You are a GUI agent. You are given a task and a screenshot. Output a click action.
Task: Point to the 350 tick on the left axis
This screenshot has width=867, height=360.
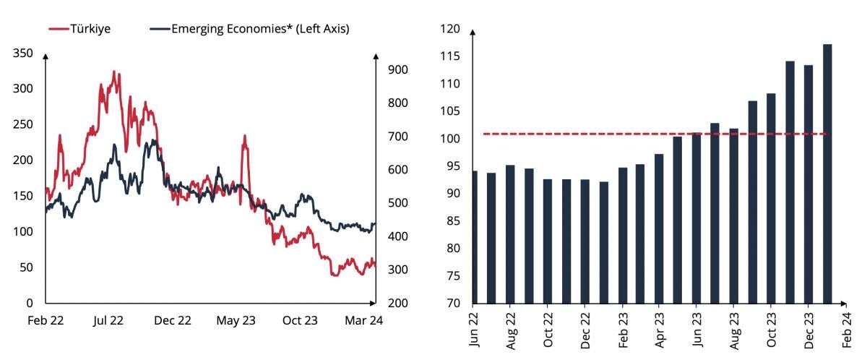pyautogui.click(x=23, y=53)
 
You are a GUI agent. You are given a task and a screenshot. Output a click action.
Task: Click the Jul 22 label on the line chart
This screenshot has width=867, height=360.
pyautogui.click(x=108, y=320)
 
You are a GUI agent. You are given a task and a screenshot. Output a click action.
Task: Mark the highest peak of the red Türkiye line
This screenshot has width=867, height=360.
pyautogui.click(x=114, y=72)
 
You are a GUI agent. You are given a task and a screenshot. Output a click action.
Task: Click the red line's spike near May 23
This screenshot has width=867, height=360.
pyautogui.click(x=245, y=136)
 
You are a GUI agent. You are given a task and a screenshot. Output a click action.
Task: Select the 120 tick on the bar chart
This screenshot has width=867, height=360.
pyautogui.click(x=450, y=29)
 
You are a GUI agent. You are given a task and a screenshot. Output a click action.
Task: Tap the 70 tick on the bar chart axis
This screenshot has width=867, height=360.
pyautogui.click(x=452, y=303)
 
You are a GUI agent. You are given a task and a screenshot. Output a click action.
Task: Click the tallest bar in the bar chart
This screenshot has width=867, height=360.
pyautogui.click(x=827, y=173)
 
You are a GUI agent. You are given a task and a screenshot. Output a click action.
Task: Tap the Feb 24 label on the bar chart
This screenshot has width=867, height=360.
pyautogui.click(x=845, y=330)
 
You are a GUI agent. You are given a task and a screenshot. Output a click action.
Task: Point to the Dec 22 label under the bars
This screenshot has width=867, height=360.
pyautogui.click(x=585, y=330)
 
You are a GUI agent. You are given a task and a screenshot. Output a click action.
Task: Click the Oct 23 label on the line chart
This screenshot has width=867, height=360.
pyautogui.click(x=300, y=320)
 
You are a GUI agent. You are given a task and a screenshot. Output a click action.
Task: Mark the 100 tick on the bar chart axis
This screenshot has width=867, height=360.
pyautogui.click(x=450, y=139)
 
